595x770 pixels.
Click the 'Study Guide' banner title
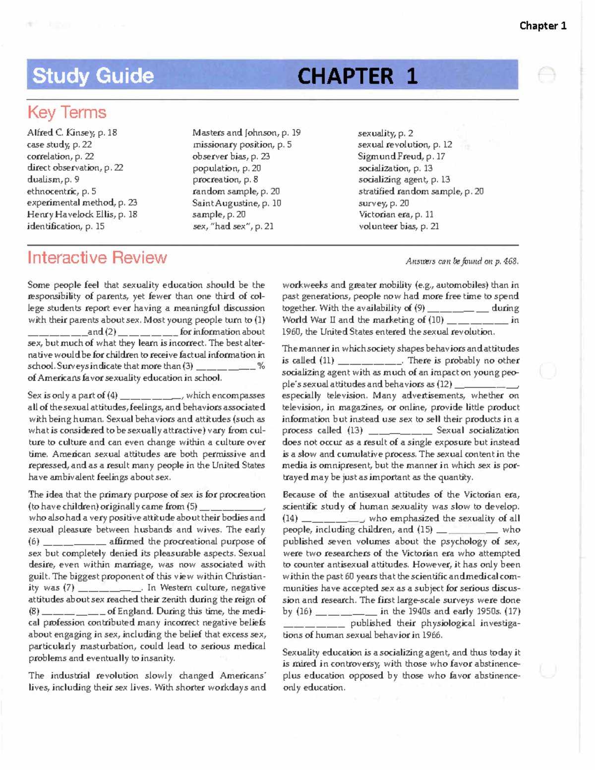(x=93, y=76)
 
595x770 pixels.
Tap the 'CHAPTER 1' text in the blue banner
(x=357, y=76)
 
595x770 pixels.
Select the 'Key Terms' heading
(x=67, y=112)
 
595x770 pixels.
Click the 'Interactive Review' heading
(x=97, y=257)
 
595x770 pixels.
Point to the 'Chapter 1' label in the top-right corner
(x=542, y=26)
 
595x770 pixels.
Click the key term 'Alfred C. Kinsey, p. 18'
(x=72, y=132)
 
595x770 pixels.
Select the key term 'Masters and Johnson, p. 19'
(x=246, y=132)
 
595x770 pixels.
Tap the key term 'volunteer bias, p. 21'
(x=399, y=226)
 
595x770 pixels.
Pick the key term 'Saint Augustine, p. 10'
(x=237, y=203)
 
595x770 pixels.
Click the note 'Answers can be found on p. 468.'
(x=462, y=261)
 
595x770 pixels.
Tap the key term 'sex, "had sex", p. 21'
(x=233, y=226)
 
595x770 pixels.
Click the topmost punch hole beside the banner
(x=546, y=75)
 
